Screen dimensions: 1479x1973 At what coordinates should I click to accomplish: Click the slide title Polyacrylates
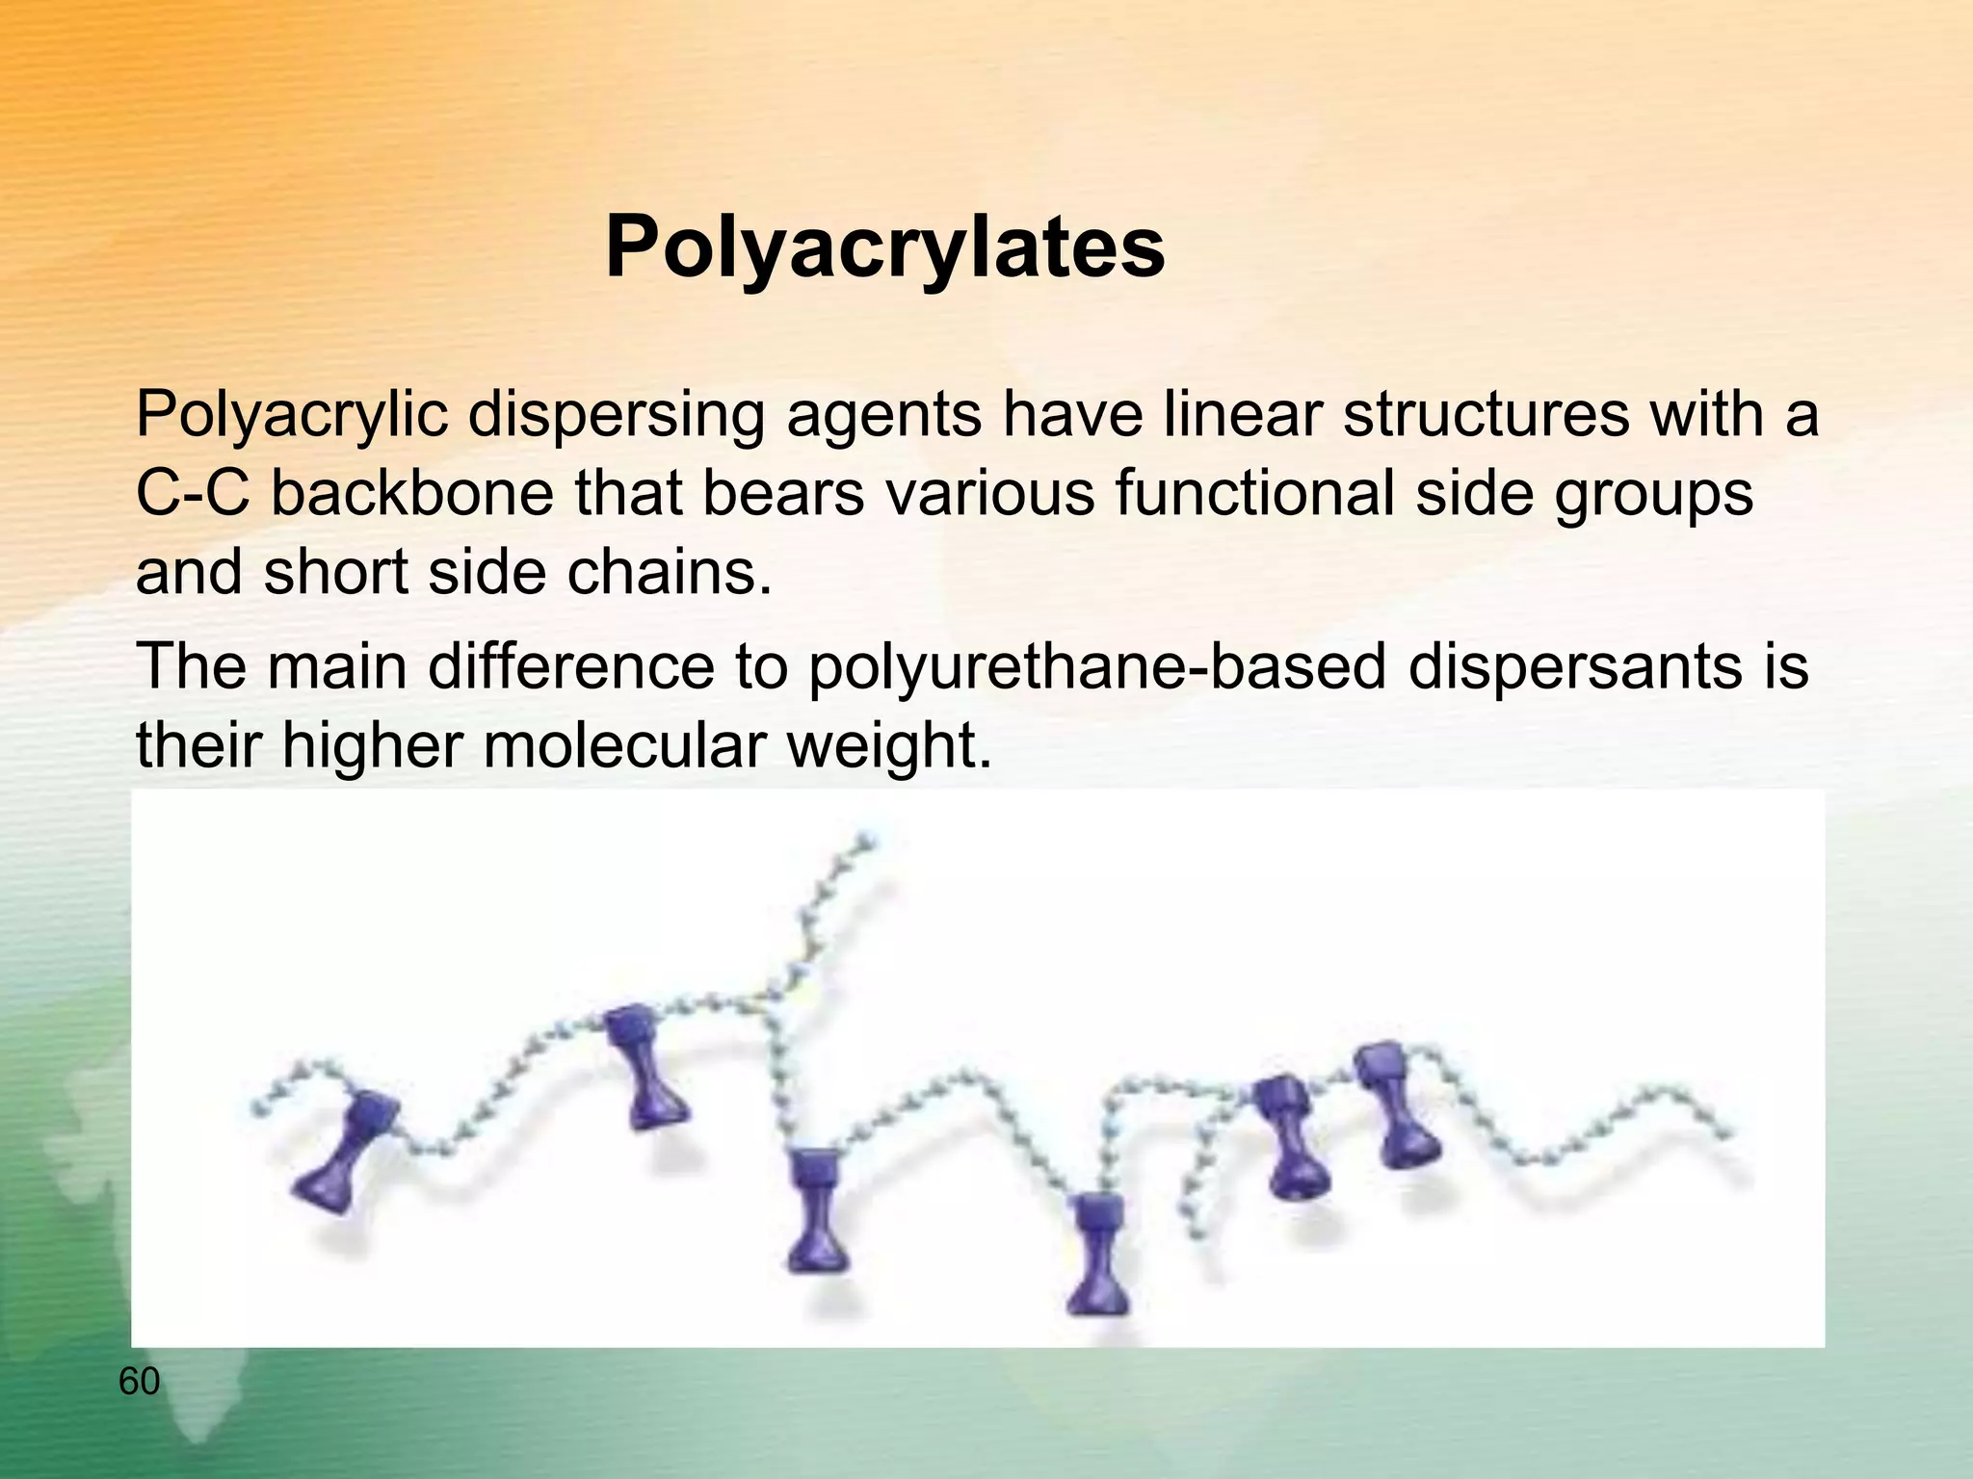884,248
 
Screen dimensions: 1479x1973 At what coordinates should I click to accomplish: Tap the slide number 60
139,1382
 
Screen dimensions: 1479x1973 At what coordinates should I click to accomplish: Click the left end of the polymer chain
258,1110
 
